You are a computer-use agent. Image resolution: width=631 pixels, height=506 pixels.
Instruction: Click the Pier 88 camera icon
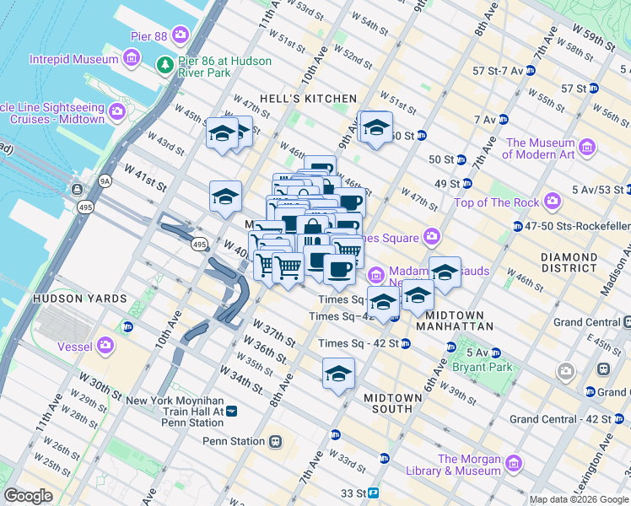tap(180, 35)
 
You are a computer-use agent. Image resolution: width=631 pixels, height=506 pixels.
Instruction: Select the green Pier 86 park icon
tap(165, 65)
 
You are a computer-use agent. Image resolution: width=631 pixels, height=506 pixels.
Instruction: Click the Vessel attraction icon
tap(105, 345)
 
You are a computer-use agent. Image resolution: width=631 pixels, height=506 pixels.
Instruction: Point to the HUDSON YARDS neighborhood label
tap(80, 299)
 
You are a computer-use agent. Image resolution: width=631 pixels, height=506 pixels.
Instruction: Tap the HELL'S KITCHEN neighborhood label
tap(308, 99)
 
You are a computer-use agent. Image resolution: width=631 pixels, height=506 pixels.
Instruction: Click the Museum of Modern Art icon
tap(587, 148)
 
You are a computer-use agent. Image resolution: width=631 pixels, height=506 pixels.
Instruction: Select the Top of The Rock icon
tap(553, 201)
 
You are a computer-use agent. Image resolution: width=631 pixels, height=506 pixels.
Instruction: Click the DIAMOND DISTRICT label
tap(570, 261)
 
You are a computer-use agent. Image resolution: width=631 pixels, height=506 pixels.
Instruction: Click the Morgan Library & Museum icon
tap(513, 463)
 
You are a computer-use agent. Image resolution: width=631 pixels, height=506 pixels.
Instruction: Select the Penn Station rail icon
tap(276, 441)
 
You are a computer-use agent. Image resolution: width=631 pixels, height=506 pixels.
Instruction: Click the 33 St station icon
tap(373, 493)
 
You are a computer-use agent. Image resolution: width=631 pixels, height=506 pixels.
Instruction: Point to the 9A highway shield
tap(105, 180)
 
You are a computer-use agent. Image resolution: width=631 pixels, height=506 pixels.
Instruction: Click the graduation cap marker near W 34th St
tap(338, 374)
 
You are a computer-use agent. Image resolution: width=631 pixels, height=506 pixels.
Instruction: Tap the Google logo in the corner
tap(28, 496)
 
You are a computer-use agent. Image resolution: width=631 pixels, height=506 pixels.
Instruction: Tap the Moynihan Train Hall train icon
tap(232, 411)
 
